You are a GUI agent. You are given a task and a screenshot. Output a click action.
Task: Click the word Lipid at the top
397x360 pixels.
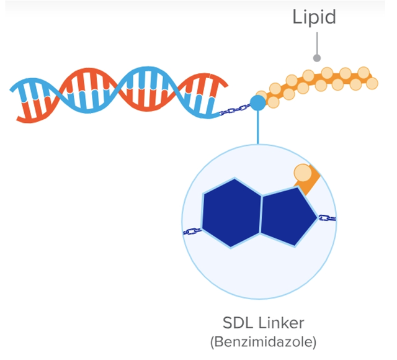click(x=314, y=16)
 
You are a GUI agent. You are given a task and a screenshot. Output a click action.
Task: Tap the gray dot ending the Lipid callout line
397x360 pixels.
click(x=317, y=58)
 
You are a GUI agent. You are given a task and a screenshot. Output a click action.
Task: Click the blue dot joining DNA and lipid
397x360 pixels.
click(x=257, y=103)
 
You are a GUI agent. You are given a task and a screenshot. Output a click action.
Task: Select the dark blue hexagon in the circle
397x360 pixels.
click(x=233, y=213)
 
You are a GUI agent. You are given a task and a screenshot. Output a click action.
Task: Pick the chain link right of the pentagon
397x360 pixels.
click(x=327, y=218)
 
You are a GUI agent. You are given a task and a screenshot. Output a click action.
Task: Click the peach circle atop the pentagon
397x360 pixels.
click(x=303, y=173)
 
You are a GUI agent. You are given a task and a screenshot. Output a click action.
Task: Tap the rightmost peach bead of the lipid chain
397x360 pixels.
click(x=372, y=83)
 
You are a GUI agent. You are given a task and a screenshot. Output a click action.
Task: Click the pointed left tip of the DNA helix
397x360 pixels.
click(x=12, y=90)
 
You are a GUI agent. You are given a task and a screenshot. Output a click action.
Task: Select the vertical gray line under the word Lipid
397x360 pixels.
click(x=317, y=43)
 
